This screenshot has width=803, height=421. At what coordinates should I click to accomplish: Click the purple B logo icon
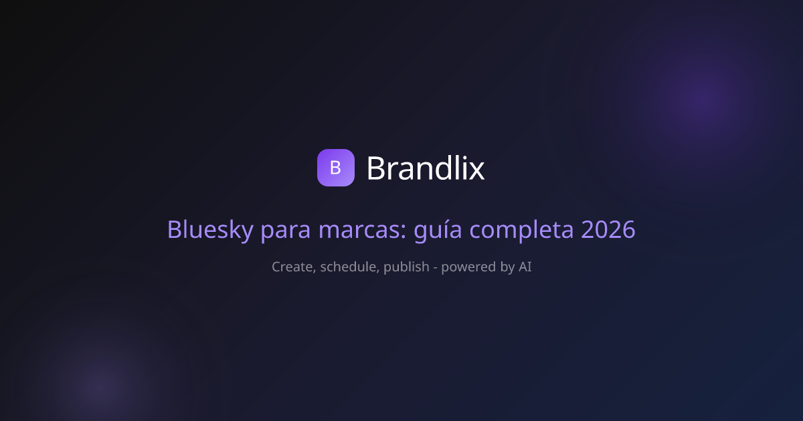[x=335, y=168]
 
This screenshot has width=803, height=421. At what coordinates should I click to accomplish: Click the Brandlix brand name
[x=426, y=168]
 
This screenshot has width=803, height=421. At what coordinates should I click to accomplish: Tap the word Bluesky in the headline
[x=210, y=229]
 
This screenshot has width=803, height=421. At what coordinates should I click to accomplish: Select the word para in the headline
[x=285, y=231]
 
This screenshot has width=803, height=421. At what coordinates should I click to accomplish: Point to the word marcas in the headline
[x=363, y=229]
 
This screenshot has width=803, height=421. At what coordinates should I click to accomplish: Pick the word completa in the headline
[x=521, y=230]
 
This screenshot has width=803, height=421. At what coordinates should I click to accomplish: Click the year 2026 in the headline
[x=608, y=229]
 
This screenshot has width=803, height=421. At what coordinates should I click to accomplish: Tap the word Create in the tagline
[x=294, y=267]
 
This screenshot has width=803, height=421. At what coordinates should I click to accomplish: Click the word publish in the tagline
[x=406, y=267]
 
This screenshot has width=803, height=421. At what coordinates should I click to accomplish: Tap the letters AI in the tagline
[x=525, y=267]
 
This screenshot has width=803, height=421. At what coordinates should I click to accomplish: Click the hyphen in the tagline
[x=435, y=268]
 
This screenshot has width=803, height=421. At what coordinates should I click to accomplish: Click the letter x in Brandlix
[x=476, y=170]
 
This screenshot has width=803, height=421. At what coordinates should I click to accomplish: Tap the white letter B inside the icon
[x=335, y=168]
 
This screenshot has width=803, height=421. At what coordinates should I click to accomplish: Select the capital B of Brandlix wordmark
[x=375, y=168]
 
